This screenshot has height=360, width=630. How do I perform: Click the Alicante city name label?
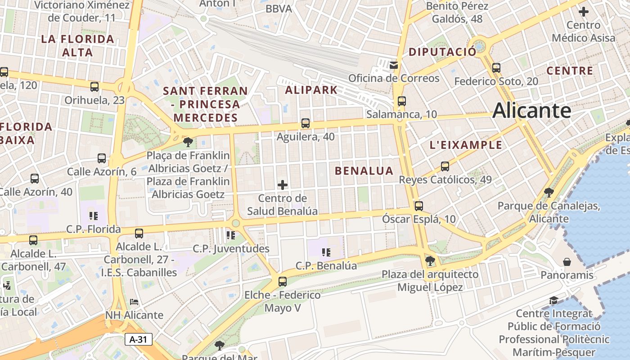[531, 111]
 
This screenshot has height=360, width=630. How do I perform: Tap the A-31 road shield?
[139, 339]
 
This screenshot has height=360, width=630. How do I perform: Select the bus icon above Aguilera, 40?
[306, 123]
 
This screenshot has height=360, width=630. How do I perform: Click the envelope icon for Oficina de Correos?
[394, 65]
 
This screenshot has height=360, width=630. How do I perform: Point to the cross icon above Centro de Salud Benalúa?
[283, 184]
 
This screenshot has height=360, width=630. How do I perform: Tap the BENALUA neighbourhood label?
[364, 171]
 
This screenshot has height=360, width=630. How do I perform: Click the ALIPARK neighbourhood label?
[311, 90]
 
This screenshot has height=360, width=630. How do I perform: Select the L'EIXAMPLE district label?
[466, 145]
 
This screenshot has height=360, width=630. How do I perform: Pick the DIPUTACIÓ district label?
[442, 52]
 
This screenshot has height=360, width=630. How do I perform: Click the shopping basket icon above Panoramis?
[567, 262]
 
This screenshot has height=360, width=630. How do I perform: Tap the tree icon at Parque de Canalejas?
[549, 193]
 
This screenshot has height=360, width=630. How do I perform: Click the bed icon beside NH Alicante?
[134, 301]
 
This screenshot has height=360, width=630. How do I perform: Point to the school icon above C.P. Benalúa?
[326, 252]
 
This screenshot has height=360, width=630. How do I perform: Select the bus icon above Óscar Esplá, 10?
[419, 206]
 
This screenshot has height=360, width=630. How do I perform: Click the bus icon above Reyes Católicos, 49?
[445, 166]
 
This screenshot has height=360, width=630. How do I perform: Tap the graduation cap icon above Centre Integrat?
[553, 300]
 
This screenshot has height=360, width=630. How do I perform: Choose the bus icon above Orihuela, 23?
[94, 87]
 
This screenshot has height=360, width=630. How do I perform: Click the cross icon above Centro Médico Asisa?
[584, 12]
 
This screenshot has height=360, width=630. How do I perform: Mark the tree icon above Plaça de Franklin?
[188, 143]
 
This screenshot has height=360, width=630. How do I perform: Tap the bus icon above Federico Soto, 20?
[496, 68]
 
